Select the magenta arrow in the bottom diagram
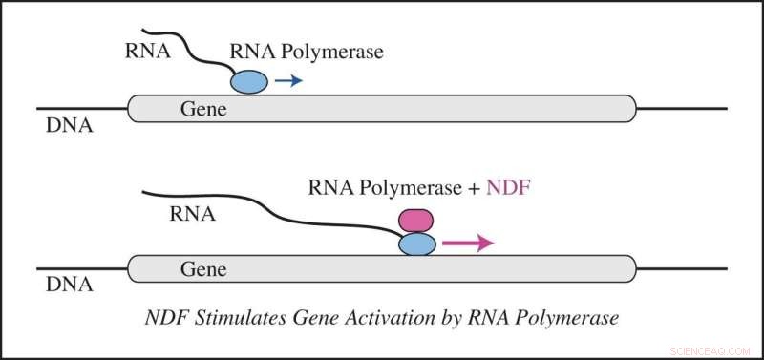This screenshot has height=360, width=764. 466,244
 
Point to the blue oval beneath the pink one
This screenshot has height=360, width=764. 415,244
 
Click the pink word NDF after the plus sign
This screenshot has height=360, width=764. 507,189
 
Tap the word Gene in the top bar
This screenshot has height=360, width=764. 203,110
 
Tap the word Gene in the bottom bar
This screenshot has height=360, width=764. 203,270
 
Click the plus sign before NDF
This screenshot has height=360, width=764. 473,189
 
